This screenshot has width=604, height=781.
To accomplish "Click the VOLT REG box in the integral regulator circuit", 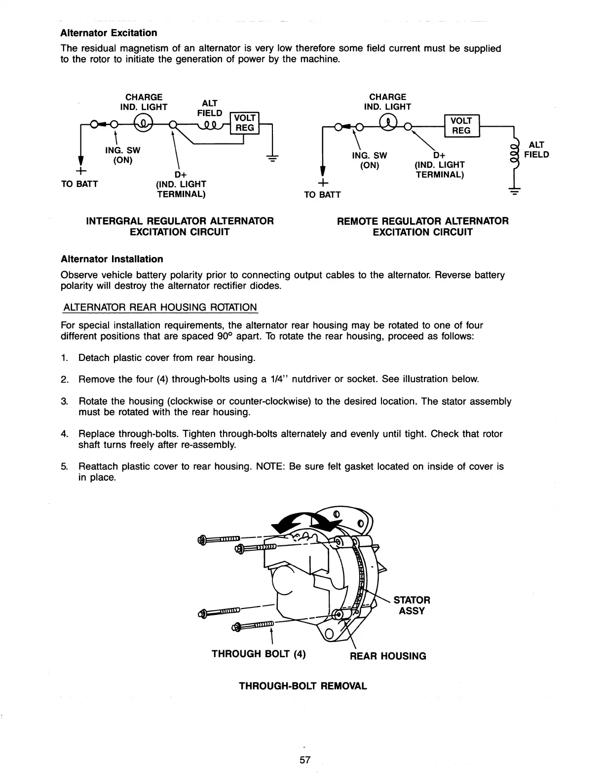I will [x=245, y=123].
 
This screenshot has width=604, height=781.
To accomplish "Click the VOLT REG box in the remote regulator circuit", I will [x=461, y=126].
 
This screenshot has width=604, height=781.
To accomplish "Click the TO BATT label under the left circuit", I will [x=79, y=184].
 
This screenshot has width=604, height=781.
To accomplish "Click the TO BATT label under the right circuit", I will [x=322, y=195].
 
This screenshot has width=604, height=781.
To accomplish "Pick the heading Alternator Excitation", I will [x=109, y=33].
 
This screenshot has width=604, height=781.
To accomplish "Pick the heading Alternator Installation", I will [x=112, y=259].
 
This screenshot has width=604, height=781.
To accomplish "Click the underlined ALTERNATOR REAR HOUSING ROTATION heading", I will [x=160, y=308].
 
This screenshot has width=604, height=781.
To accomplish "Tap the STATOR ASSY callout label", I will [x=412, y=605].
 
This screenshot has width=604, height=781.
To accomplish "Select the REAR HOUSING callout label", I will [x=388, y=656].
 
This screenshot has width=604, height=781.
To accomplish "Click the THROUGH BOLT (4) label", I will [x=259, y=654].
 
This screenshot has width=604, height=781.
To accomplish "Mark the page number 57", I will [x=305, y=760].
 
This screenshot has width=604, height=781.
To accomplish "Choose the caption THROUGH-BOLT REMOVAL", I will [x=303, y=686].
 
